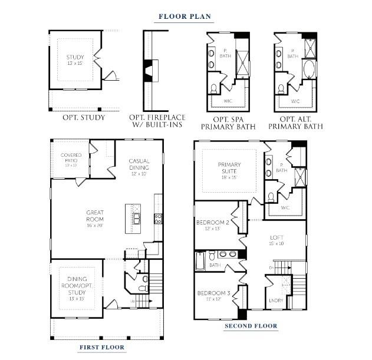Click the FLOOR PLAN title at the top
pos(185,16)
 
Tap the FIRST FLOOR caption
pos(102,348)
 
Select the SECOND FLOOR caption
pos(251,326)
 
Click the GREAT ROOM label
pos(95,215)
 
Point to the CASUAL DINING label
pos(139,164)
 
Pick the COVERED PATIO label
pos(71,158)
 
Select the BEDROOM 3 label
pos(213,293)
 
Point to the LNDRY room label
pos(276,300)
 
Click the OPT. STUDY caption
pos(84,117)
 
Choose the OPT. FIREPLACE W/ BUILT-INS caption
pos(156,121)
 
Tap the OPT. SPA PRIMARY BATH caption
pos(226,122)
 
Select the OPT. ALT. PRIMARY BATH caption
pos(295,122)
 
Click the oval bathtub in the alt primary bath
pos(309,69)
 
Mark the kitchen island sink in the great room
pos(136,219)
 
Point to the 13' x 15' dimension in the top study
pos(75,63)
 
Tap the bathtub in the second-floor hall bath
pos(200,260)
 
